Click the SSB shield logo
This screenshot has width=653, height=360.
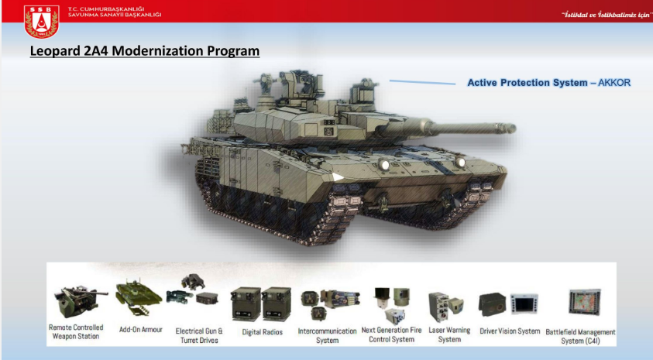pos(41,21)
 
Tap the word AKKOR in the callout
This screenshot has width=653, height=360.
pos(614,83)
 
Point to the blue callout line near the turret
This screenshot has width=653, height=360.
pos(422,82)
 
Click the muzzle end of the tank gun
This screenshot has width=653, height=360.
pos(511,129)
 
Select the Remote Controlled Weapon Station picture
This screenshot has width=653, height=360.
pos(78,301)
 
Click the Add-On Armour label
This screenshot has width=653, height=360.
pos(141,330)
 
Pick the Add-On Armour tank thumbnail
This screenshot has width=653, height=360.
pos(138,297)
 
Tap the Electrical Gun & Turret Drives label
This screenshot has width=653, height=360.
pos(199,336)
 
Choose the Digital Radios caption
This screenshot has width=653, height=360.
pos(263,332)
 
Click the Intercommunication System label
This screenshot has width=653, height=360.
pos(328,336)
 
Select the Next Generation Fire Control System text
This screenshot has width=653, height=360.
pos(391,334)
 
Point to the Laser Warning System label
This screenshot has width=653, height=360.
pos(449,334)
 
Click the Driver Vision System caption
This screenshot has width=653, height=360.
pos(510,331)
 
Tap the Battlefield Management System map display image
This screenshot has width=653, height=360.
pos(585,302)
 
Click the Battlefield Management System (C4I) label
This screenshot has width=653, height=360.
pos(580,336)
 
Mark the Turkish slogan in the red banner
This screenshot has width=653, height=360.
pos(607,15)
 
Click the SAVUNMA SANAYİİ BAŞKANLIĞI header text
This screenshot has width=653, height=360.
pos(115,15)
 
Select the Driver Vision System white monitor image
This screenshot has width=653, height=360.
pos(524,303)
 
